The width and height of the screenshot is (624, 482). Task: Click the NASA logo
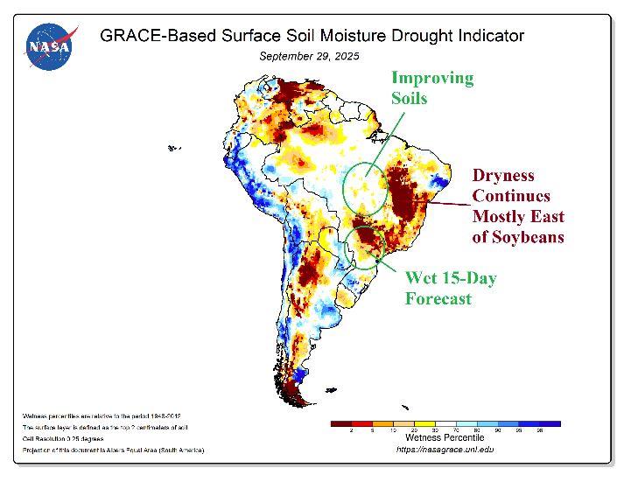(x=49, y=46)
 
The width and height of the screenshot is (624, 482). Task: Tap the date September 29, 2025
(x=309, y=56)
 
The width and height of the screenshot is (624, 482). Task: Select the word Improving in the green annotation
(x=431, y=78)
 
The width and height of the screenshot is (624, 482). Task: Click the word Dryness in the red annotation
(x=503, y=176)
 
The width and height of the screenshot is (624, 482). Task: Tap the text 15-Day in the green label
(x=466, y=278)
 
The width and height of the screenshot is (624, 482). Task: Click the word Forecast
(x=438, y=298)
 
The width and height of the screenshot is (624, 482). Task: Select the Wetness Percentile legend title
(x=444, y=437)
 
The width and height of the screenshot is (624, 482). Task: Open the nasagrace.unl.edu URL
(x=445, y=449)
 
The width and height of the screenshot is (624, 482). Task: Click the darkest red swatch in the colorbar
(x=340, y=423)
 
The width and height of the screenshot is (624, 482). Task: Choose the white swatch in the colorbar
(x=445, y=423)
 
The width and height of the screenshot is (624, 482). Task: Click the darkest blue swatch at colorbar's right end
(x=549, y=423)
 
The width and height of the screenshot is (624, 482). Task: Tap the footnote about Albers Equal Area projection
(x=109, y=450)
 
